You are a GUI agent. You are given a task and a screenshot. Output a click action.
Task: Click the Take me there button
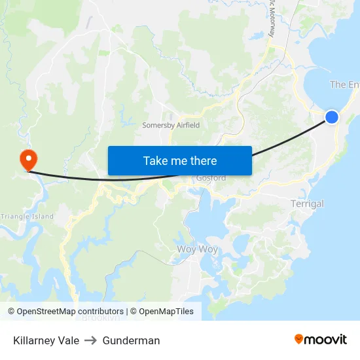click(179, 160)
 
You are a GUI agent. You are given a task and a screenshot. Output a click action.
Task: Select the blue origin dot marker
click(332, 117)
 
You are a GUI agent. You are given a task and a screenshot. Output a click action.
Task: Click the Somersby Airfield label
click(171, 125)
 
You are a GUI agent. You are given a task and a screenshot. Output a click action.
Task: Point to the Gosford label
click(211, 178)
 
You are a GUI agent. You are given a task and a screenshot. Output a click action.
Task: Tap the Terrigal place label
click(307, 204)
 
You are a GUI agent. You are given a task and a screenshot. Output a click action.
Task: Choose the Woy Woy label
click(197, 249)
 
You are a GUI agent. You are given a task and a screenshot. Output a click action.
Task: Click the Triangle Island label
click(27, 216)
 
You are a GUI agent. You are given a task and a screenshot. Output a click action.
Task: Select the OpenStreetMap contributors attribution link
click(70, 312)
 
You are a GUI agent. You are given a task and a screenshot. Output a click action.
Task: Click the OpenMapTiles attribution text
click(166, 312)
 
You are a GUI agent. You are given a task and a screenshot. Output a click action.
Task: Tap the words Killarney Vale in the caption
click(46, 340)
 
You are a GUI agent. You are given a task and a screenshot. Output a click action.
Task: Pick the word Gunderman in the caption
click(131, 340)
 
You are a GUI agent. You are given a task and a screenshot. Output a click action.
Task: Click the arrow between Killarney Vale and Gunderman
click(90, 340)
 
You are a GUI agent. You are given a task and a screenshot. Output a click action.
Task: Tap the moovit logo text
click(326, 339)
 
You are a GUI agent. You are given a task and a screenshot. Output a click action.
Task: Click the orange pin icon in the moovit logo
click(298, 339)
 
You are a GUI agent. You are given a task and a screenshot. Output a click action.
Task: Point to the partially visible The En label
click(344, 84)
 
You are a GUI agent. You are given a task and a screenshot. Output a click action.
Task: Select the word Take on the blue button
click(156, 160)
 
